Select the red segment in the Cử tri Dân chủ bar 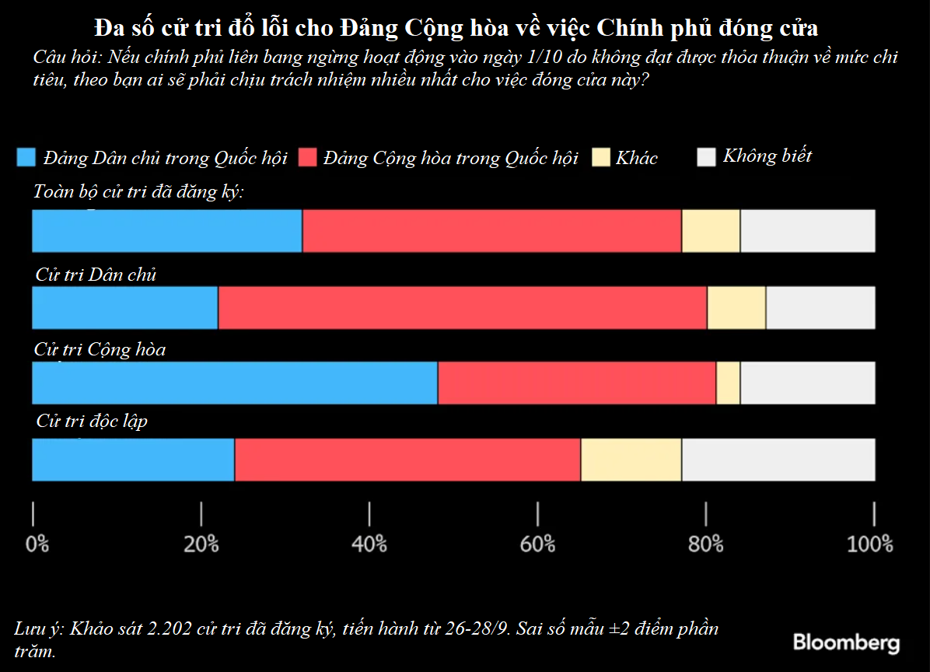[463, 307]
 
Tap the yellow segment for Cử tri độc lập [631, 460]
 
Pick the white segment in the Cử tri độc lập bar [778, 460]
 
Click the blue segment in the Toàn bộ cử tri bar [167, 231]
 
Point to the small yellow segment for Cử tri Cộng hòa [728, 383]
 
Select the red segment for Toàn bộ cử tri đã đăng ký [491, 231]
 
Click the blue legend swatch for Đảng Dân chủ [26, 157]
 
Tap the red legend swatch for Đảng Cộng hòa [306, 157]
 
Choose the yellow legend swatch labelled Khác [601, 157]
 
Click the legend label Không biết [767, 156]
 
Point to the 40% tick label [369, 544]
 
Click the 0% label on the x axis [37, 544]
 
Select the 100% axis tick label [870, 544]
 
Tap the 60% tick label [537, 544]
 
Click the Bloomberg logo [846, 642]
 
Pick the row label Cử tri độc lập [92, 422]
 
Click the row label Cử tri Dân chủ [96, 275]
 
